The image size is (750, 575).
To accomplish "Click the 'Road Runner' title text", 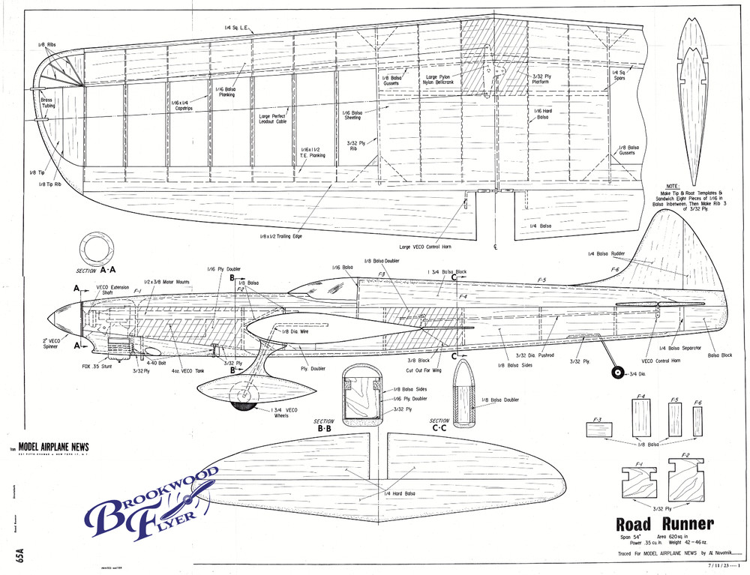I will tap(664, 524).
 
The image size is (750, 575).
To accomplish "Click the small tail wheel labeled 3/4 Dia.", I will tap(617, 373).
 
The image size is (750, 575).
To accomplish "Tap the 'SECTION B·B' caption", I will tap(324, 426).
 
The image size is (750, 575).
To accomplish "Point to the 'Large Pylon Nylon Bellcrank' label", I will tap(442, 80).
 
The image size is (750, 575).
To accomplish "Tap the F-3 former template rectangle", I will tap(599, 432).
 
